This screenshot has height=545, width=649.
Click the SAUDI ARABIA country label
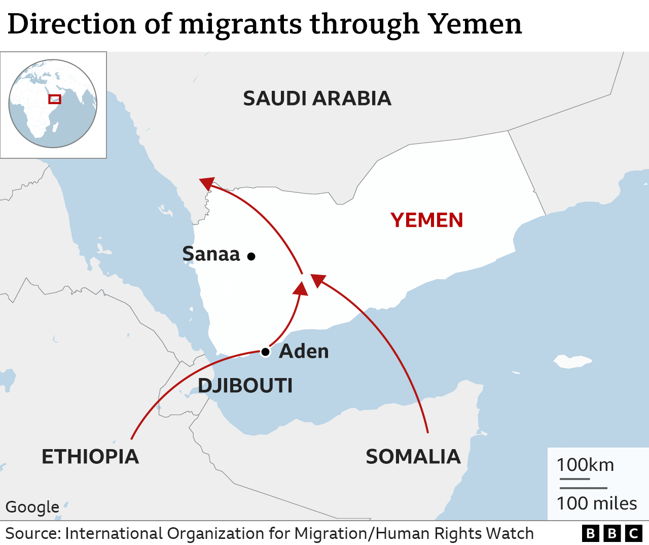click(317, 98)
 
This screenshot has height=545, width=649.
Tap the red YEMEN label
click(426, 220)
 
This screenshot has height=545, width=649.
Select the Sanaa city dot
click(251, 257)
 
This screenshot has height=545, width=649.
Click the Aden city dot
click(265, 352)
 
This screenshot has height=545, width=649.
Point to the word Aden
click(304, 351)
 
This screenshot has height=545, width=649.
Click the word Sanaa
click(211, 254)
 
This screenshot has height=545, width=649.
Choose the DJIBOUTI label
click(245, 386)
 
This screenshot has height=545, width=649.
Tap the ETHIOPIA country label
click(90, 457)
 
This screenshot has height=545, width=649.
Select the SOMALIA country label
click(413, 457)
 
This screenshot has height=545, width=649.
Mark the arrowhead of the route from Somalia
click(317, 280)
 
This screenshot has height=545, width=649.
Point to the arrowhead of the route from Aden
click(301, 288)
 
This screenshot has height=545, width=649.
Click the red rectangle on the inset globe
click(55, 99)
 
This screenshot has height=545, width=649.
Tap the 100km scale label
click(585, 465)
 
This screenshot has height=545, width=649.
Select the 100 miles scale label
click(596, 503)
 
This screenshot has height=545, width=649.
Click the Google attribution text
click(32, 506)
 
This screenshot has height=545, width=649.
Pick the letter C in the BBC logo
click(633, 533)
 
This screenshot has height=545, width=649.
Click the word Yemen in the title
click(475, 24)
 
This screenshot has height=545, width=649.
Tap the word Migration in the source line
click(332, 533)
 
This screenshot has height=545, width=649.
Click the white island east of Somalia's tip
click(573, 361)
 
